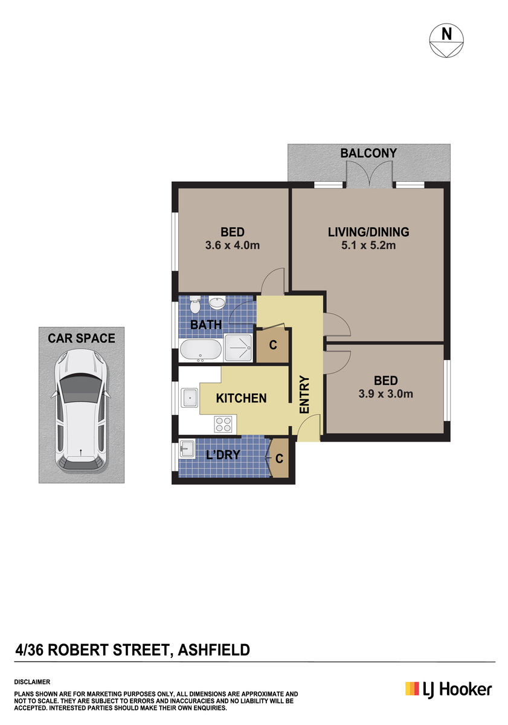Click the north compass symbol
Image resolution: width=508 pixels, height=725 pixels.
(446, 40)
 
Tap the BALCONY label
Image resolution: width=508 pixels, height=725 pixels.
(368, 153)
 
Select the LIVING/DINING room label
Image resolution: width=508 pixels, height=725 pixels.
(368, 232)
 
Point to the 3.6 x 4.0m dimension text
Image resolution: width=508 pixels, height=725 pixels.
(233, 245)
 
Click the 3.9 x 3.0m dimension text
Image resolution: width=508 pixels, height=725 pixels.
(385, 394)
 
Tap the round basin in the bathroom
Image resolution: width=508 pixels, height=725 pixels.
(217, 303)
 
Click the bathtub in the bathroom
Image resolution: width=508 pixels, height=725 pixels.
(201, 350)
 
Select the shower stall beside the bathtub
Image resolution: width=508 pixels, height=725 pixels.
(238, 347)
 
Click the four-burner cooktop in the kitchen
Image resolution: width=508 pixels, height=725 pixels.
(223, 424)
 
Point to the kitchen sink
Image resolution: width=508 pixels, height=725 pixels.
(189, 398)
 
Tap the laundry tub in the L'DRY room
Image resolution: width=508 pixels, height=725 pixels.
(187, 449)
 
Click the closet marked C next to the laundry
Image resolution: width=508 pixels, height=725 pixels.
(278, 458)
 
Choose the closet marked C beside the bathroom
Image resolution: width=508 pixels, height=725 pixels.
(272, 345)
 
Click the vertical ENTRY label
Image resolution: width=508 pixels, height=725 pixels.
(304, 394)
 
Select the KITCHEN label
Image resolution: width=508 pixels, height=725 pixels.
(241, 398)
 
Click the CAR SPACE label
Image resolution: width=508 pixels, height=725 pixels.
(81, 338)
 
